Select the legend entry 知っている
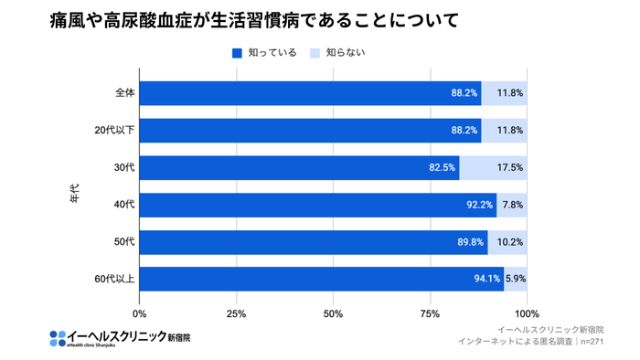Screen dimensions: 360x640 pyautogui.click(x=264, y=52)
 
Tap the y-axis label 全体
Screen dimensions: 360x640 pyautogui.click(x=125, y=93)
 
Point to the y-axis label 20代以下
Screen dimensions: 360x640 pyautogui.click(x=115, y=131)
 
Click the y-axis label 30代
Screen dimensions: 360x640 pyautogui.click(x=124, y=167)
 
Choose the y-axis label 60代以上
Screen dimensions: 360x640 pyautogui.click(x=115, y=279)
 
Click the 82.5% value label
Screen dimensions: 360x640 pyautogui.click(x=442, y=168)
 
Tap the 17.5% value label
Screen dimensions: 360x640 pyautogui.click(x=510, y=168)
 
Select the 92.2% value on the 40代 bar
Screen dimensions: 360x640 pyautogui.click(x=479, y=205)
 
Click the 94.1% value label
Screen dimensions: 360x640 pyautogui.click(x=487, y=279)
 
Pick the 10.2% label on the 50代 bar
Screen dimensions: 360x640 pyautogui.click(x=510, y=242)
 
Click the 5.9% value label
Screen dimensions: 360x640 pyautogui.click(x=516, y=279)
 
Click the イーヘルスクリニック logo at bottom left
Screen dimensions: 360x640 pyautogui.click(x=120, y=337)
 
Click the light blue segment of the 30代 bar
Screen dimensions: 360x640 pyautogui.click(x=494, y=168)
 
